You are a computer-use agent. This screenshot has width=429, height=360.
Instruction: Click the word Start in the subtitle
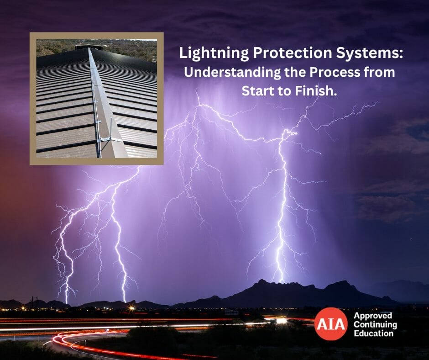coord(258,90)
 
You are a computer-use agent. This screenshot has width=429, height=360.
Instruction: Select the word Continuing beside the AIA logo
coord(375,325)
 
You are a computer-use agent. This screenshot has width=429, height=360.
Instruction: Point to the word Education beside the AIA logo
coord(373,334)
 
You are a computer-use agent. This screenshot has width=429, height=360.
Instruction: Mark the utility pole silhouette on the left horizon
coord(33,302)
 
